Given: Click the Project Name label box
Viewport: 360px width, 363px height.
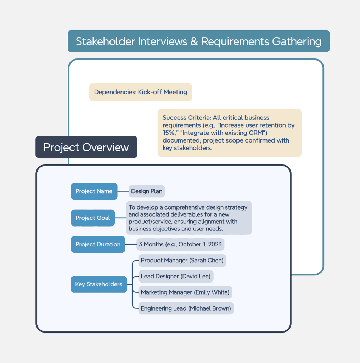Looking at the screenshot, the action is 94,191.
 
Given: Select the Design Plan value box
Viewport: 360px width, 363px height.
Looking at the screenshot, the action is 147,191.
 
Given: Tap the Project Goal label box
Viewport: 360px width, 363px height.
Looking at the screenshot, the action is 93,218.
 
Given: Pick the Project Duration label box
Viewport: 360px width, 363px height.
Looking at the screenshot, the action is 98,244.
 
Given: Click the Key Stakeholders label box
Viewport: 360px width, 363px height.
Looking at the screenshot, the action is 99,284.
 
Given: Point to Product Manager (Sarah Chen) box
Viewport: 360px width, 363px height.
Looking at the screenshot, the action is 182,261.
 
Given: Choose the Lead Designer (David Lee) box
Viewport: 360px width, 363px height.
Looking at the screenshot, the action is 176,276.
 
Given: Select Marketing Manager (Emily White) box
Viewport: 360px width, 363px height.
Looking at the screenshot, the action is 185,292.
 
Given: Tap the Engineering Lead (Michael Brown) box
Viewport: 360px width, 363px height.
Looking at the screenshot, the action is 186,308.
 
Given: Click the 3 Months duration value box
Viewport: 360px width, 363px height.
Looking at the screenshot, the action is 180,244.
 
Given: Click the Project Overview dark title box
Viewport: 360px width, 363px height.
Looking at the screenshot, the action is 86,147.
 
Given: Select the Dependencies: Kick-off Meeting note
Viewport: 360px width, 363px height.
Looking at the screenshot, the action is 141,92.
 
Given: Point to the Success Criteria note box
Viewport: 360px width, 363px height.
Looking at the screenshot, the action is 230,133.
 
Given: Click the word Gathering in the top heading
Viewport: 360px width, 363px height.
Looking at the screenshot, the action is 297,42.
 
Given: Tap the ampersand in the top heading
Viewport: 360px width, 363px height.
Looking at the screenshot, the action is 194,41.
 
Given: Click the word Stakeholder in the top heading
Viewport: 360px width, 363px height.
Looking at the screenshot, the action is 106,41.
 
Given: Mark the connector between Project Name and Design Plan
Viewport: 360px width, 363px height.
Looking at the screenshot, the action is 123,191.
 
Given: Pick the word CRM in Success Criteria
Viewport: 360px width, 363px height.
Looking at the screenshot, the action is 257,133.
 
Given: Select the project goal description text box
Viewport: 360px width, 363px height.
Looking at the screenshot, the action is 189,218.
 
